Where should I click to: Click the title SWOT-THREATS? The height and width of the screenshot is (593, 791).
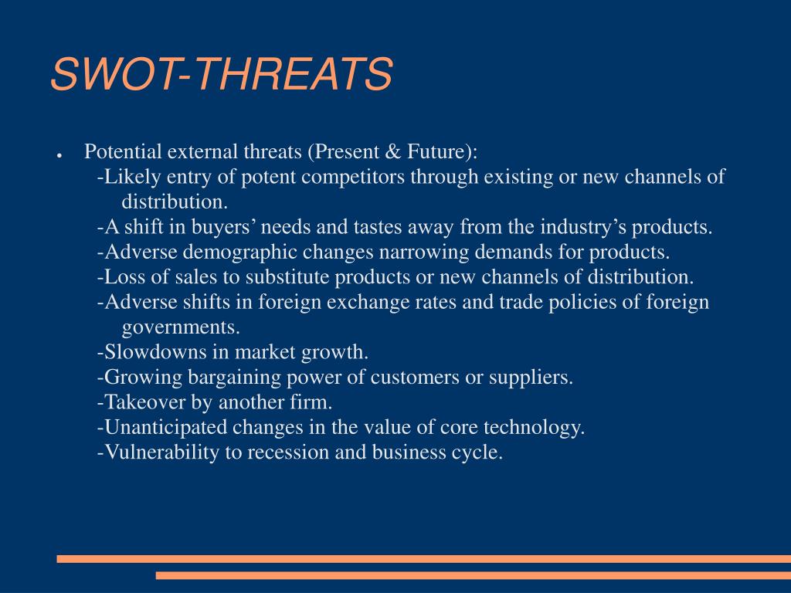222,73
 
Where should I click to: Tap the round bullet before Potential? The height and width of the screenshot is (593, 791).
59,154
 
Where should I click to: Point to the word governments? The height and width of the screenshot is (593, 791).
181,327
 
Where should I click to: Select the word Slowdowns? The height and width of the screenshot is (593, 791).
154,351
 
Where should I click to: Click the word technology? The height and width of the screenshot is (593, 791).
535,428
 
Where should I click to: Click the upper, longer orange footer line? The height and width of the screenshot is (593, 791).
424,559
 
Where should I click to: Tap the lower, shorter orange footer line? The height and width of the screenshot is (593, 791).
474,575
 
